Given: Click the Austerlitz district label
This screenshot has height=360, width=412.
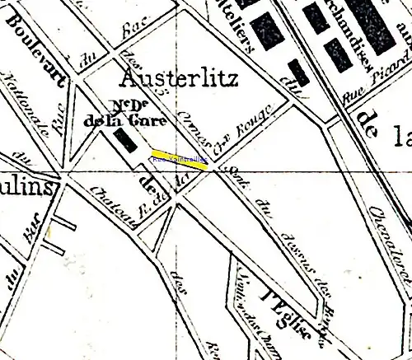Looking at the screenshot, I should point(179,79).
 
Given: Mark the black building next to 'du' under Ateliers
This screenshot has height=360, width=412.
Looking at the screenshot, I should point(299,72).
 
